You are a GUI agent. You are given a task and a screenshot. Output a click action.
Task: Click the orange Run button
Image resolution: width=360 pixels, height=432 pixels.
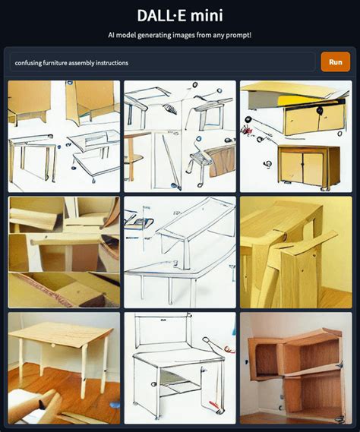point(335,62)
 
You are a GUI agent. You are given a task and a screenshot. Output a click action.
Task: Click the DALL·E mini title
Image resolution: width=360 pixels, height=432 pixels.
point(180,16)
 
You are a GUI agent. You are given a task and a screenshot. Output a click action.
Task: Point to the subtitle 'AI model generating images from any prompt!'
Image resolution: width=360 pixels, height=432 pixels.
point(180,36)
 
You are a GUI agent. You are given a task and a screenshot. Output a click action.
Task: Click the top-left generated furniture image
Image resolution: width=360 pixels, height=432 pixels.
point(64,136)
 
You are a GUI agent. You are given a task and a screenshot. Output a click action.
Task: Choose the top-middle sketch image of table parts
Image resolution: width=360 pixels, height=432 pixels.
point(180,136)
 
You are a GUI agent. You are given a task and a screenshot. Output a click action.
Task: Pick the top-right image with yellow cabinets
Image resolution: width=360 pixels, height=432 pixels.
point(296,136)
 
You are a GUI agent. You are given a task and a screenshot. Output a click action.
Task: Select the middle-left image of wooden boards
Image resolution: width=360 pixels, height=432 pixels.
point(64,252)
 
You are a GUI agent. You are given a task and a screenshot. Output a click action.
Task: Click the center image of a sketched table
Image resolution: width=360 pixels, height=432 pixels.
point(180,252)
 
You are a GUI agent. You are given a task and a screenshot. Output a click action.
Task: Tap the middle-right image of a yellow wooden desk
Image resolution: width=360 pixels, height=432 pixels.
point(296,252)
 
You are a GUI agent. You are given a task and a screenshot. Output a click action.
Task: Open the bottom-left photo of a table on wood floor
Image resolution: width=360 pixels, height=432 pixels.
point(64,368)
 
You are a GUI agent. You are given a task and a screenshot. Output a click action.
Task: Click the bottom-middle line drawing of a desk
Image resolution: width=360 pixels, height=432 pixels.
point(180,368)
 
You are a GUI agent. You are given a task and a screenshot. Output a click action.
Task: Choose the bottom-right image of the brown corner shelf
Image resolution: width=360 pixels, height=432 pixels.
point(296,368)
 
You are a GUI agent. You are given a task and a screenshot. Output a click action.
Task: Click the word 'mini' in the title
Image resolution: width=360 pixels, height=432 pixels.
point(207,16)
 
